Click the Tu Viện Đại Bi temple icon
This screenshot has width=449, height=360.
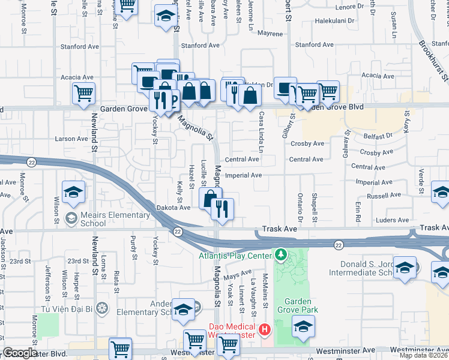103,308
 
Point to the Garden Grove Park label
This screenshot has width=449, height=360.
297,305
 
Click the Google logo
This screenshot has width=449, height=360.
20,353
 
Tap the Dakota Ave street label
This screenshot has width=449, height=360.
174,208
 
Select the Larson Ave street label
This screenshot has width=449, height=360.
71,139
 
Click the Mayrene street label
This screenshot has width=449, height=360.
270,34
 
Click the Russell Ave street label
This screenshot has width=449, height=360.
384,196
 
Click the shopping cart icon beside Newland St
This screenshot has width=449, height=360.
84,94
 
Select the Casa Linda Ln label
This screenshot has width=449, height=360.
261,130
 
